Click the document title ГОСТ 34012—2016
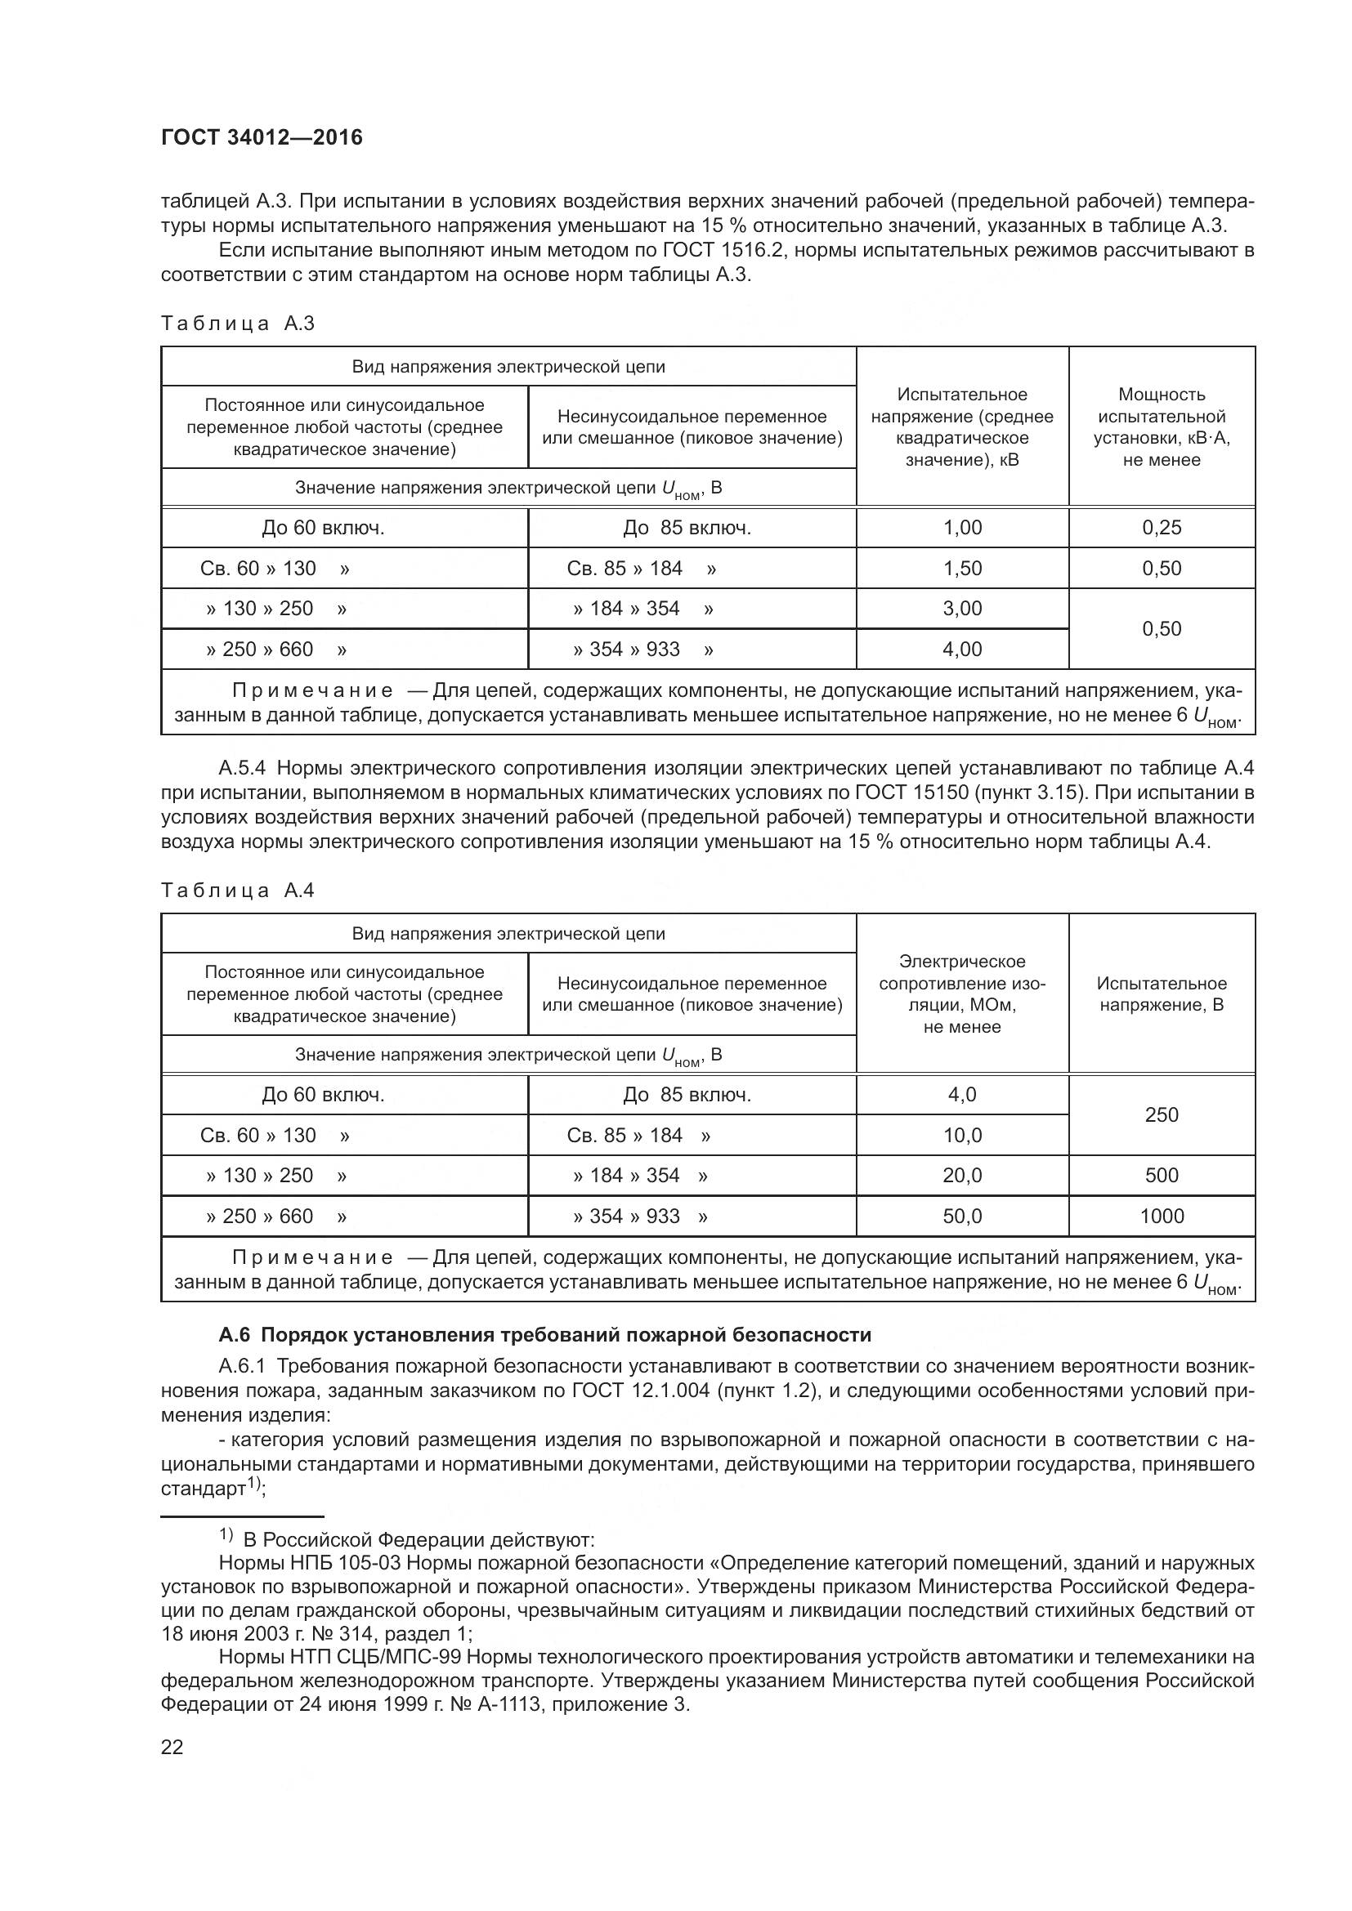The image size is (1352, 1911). [262, 138]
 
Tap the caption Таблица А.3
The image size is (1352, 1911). [237, 324]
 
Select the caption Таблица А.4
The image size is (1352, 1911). [237, 891]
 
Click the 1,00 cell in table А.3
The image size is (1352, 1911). [961, 528]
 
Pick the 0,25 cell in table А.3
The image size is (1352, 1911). [1162, 528]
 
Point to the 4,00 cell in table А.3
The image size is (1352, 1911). [961, 650]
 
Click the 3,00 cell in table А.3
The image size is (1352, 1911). [961, 609]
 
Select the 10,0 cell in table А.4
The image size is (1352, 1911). [961, 1136]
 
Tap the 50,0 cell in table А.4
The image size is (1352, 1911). [961, 1216]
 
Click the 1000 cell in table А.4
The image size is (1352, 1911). [1162, 1216]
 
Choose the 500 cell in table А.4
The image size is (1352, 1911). [1162, 1175]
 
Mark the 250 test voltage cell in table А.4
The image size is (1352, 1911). [1162, 1114]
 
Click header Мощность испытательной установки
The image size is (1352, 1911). [1162, 427]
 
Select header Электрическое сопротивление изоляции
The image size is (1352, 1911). [961, 993]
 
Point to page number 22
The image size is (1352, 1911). [172, 1747]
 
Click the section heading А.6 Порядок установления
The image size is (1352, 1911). [544, 1335]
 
